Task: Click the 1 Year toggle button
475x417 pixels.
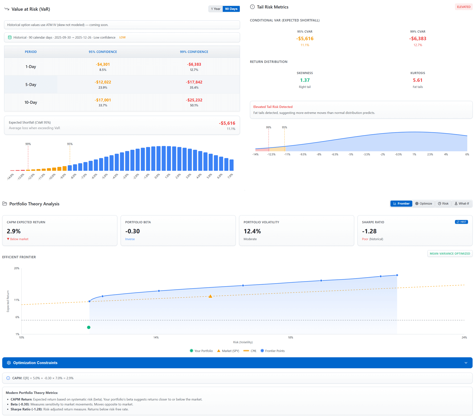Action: [215, 9]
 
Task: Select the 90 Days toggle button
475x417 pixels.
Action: [231, 9]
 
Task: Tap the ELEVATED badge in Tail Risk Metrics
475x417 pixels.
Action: [463, 7]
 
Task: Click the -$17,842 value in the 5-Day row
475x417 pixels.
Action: [194, 82]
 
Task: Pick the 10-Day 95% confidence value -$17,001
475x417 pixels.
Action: [103, 100]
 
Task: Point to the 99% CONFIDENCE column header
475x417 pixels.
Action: [194, 52]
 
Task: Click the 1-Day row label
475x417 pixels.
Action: [31, 67]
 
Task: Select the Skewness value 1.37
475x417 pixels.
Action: [304, 80]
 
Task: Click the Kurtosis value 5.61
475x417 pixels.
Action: [417, 80]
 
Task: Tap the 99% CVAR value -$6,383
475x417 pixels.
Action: [417, 39]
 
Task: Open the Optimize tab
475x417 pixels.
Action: [424, 203]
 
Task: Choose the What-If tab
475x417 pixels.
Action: [462, 203]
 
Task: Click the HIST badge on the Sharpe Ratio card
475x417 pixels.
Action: [461, 222]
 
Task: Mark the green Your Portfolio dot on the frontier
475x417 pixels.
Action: [89, 327]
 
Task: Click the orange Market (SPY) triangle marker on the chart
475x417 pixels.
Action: [210, 296]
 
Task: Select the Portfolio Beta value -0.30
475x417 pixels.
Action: [132, 231]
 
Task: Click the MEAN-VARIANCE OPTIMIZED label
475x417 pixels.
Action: [450, 254]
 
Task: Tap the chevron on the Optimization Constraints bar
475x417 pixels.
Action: [466, 363]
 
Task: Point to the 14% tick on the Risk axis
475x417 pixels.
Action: [156, 337]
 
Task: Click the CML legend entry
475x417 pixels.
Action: [250, 351]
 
